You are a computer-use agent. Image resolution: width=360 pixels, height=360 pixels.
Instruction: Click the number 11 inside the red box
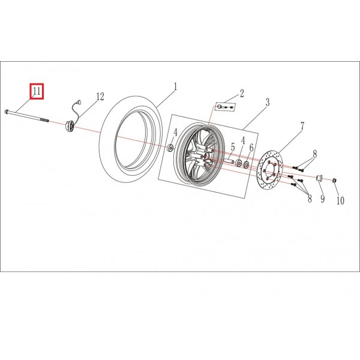pos(37,91)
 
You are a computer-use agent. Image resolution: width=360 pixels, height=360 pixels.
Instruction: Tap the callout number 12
pos(100,97)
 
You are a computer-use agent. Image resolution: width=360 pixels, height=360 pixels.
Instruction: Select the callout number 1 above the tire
pos(175,87)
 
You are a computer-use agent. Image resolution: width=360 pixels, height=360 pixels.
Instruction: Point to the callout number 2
pos(242,94)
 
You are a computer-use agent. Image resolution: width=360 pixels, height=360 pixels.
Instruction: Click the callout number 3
pos(268,102)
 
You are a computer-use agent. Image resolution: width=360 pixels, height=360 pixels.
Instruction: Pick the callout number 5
pos(233,147)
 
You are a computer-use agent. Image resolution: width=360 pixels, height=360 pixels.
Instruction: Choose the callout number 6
pos(251,148)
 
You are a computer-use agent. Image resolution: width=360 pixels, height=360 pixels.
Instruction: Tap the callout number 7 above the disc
pos(302,126)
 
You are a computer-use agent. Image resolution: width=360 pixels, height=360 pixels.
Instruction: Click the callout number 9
pos(323,199)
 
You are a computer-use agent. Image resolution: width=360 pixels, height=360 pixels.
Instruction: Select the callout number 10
pos(340,200)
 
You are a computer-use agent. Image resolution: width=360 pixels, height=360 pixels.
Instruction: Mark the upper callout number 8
pos(314,154)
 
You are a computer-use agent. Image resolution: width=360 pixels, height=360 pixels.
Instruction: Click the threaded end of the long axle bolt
pos(45,120)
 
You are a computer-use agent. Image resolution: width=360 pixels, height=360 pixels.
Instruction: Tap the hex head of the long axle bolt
pos(6,112)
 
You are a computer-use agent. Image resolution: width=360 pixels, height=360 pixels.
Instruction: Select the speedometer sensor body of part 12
pos(69,126)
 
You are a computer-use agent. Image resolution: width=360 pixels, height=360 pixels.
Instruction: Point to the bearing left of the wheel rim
pos(170,148)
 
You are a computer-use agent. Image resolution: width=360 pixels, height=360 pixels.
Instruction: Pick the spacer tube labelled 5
pos(228,161)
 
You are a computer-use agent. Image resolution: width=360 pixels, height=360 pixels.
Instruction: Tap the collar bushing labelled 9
pos(319,178)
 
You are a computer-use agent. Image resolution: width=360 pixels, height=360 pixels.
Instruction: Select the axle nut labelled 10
pos(335,181)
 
